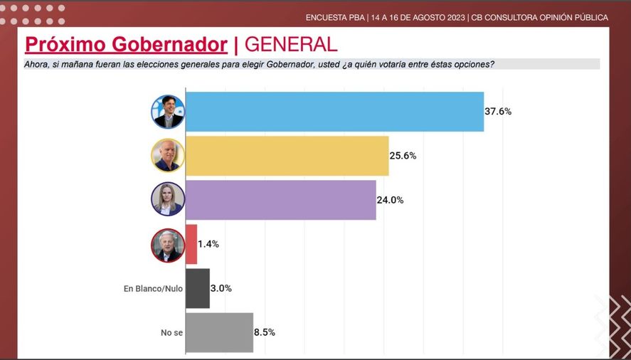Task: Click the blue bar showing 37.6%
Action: point(334,112)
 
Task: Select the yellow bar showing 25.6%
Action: point(287,156)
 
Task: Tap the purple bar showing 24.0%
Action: point(281,200)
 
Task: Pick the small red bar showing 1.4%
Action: point(191,244)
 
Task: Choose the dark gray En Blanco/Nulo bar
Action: point(198,288)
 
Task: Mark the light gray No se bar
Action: point(219,332)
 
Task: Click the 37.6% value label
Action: point(499,112)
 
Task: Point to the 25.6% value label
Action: point(403,156)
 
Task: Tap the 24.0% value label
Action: point(391,200)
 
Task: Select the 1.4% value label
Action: point(208,244)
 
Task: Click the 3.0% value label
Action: point(221,288)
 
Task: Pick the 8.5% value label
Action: point(265,332)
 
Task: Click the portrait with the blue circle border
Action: point(168,112)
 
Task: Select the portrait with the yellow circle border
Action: point(168,155)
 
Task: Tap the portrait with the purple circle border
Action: point(168,199)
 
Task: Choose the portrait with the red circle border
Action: point(168,245)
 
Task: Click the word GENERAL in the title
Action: point(290,45)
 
